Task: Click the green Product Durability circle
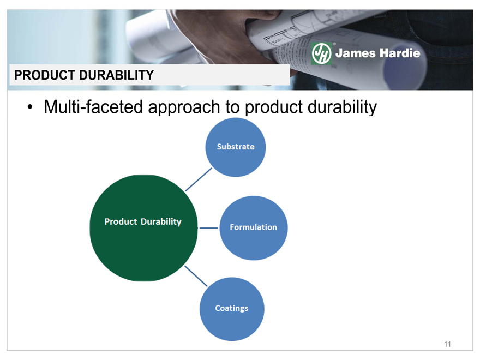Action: pos(143,228)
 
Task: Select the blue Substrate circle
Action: pos(236,147)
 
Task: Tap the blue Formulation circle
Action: pos(254,228)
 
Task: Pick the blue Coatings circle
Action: pos(232,309)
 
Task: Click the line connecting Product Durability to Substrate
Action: pos(199,179)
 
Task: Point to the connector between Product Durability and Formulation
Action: pos(208,228)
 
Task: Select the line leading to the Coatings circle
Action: pos(196,276)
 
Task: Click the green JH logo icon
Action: pos(321,53)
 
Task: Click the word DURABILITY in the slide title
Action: pos(116,75)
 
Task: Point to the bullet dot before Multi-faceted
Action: pos(29,107)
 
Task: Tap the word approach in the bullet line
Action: pos(184,108)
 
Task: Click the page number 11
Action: pos(447,344)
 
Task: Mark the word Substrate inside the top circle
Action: pos(236,147)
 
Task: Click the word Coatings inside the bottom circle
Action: pos(232,308)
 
